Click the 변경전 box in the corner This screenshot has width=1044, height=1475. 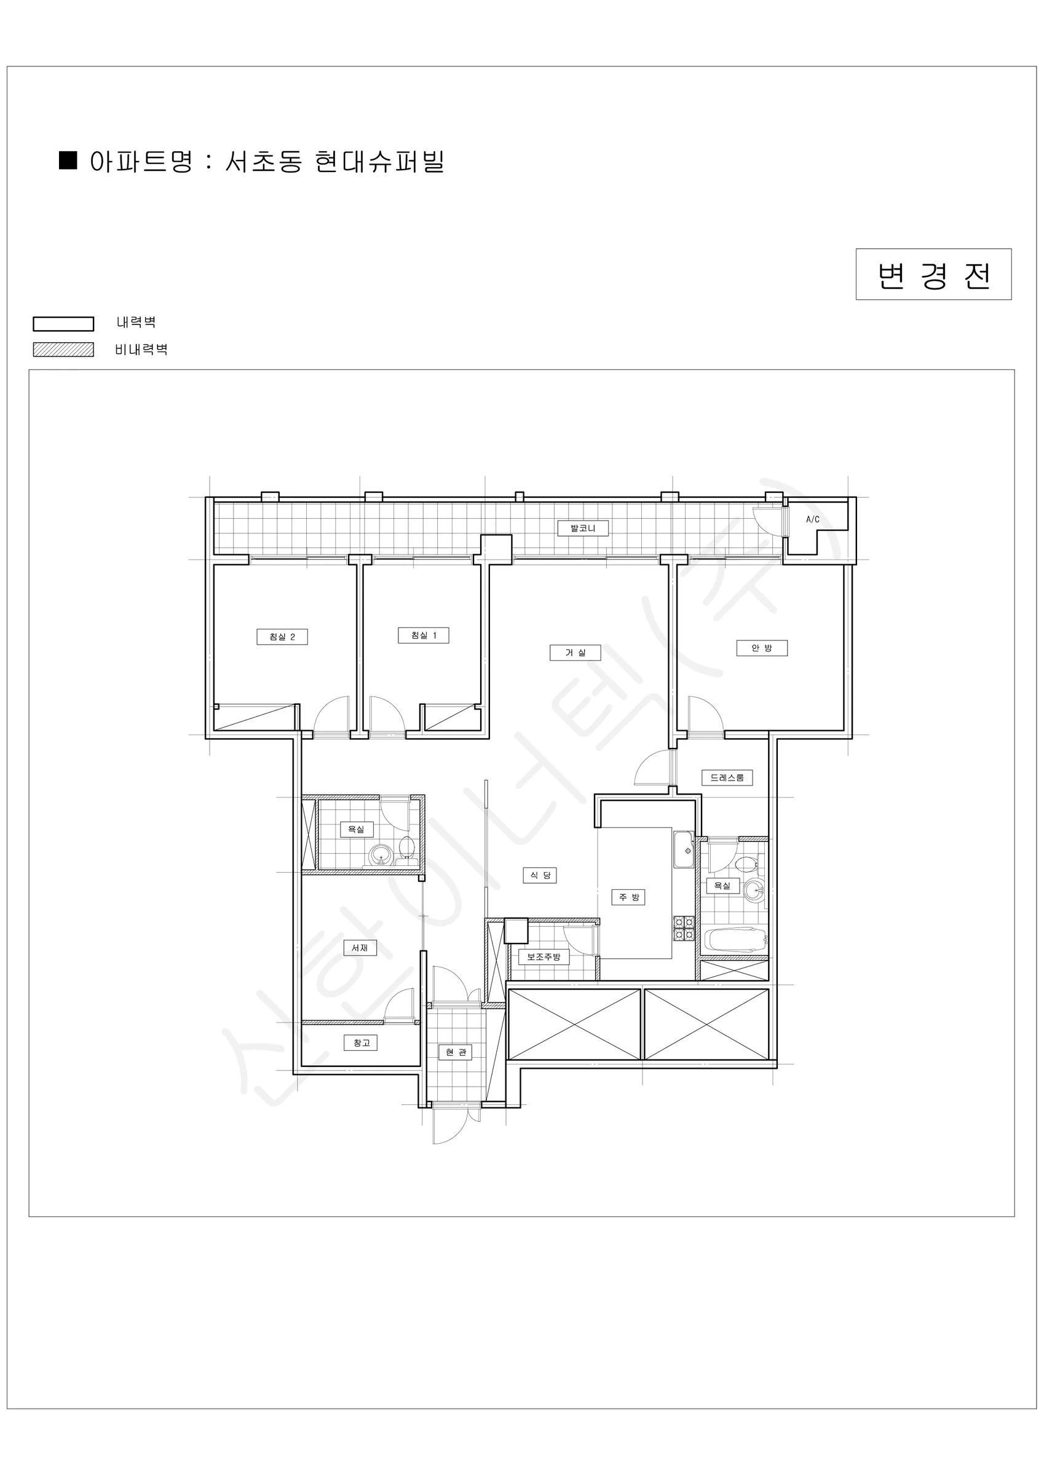point(933,274)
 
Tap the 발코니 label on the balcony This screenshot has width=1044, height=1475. point(583,529)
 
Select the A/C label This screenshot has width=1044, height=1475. point(813,519)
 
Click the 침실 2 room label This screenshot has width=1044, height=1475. point(282,637)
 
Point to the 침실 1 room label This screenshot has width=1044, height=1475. point(424,635)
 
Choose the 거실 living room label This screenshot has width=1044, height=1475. point(575,653)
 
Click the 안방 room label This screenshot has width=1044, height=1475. point(762,648)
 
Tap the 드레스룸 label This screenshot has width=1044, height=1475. point(727,778)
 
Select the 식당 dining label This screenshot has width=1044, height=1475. point(540,876)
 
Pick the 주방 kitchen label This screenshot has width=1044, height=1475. point(629,897)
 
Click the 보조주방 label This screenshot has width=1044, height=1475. point(544,956)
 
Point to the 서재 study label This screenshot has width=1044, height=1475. point(360,948)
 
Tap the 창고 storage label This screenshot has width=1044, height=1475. point(361,1043)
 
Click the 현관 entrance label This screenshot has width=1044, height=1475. point(456,1052)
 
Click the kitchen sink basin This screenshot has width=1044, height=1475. point(684,850)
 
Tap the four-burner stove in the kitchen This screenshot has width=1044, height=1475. point(684,928)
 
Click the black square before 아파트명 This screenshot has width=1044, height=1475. point(68,160)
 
